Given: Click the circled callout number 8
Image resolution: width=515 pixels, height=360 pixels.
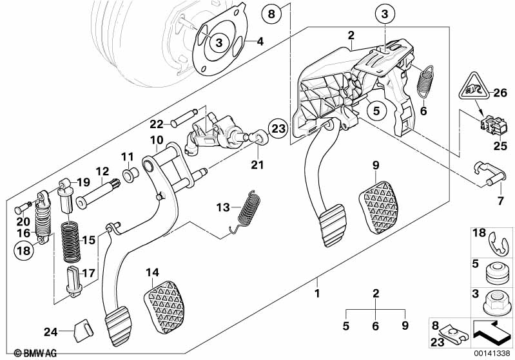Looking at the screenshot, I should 271,12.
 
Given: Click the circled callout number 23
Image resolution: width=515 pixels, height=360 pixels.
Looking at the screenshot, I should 277,129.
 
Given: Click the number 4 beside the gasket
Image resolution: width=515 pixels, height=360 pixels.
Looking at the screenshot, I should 260,43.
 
